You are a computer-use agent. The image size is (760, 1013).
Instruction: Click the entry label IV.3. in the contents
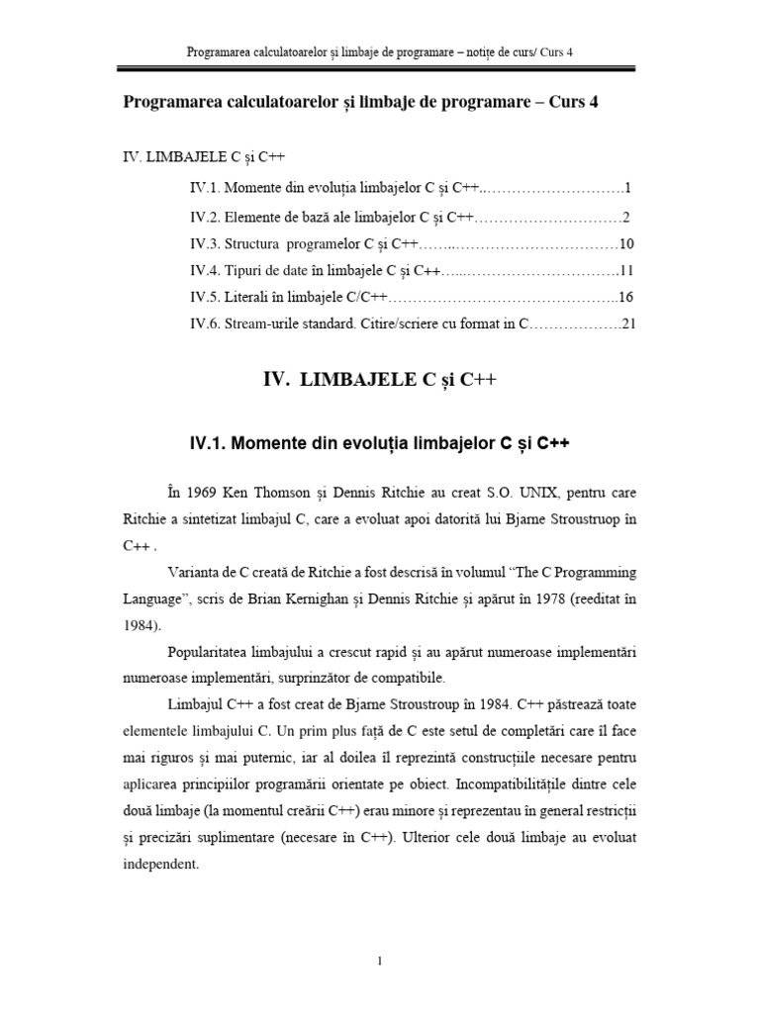pos(206,243)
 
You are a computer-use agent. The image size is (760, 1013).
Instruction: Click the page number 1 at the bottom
pos(379,962)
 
